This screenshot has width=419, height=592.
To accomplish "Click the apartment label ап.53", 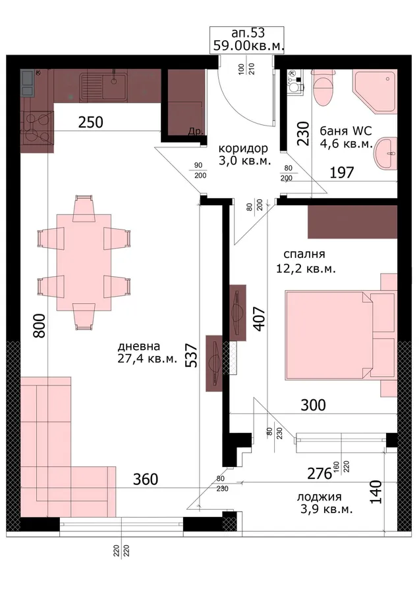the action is point(248,33).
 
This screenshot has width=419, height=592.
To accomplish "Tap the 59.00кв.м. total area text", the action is point(248,45).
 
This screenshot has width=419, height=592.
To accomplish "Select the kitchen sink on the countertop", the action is point(103,87).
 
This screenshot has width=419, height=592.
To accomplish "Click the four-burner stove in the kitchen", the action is point(37,126).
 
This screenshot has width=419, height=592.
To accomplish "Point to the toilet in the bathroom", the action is point(323,87).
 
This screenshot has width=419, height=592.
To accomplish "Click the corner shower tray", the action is point(375,91).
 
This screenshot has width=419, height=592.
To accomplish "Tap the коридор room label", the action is point(243,148).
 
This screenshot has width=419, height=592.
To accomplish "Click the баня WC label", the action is point(346,131).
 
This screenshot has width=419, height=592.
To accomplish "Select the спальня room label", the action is point(304,254).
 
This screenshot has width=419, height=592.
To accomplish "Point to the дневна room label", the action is point(139,346).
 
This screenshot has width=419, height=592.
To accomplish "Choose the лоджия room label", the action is point(319,497).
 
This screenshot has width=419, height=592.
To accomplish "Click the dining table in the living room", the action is point(84,262).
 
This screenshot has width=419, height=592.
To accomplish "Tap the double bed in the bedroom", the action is point(341,335).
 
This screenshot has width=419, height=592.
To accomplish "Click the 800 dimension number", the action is point(40,326).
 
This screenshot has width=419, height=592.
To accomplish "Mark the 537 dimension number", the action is point(192,355).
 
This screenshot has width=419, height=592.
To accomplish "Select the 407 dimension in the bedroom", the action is point(260,320).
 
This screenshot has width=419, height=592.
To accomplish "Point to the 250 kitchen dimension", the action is point(90,122).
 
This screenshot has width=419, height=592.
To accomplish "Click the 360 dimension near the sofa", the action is point(146,479).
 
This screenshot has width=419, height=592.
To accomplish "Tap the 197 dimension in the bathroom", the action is point(342,172).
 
